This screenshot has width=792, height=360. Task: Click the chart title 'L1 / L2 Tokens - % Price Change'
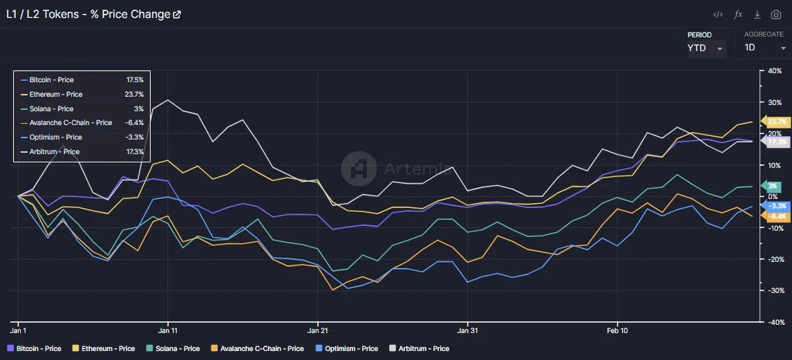click(87, 14)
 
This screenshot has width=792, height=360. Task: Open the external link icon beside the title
click(177, 15)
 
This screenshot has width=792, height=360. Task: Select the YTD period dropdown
click(705, 48)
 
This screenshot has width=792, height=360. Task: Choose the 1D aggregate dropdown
click(764, 48)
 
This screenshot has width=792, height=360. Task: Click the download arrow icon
click(757, 15)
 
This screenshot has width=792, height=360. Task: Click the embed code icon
click(718, 15)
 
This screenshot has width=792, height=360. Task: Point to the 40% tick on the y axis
click(774, 70)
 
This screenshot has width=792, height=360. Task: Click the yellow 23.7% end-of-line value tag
click(777, 122)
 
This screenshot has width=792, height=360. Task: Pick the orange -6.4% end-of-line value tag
click(777, 216)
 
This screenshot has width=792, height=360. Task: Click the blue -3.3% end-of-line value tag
click(777, 206)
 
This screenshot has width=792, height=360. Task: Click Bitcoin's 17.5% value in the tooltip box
click(135, 80)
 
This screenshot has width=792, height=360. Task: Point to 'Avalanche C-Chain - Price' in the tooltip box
click(70, 123)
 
